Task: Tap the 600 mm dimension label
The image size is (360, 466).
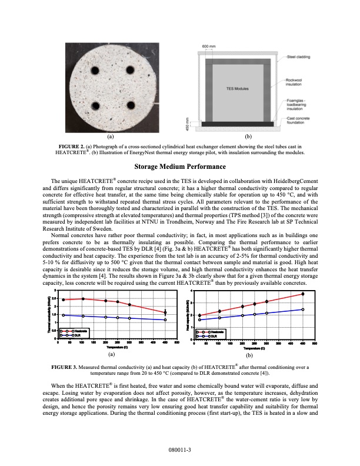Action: [208, 46]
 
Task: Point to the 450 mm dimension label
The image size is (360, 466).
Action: [187, 125]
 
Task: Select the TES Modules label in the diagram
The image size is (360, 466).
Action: [237, 88]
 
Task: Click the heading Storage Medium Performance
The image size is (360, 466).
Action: [179, 167]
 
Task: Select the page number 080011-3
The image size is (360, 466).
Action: [179, 448]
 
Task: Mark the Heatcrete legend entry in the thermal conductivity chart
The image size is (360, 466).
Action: [74, 331]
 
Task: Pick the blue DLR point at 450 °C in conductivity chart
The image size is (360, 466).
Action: [165, 320]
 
